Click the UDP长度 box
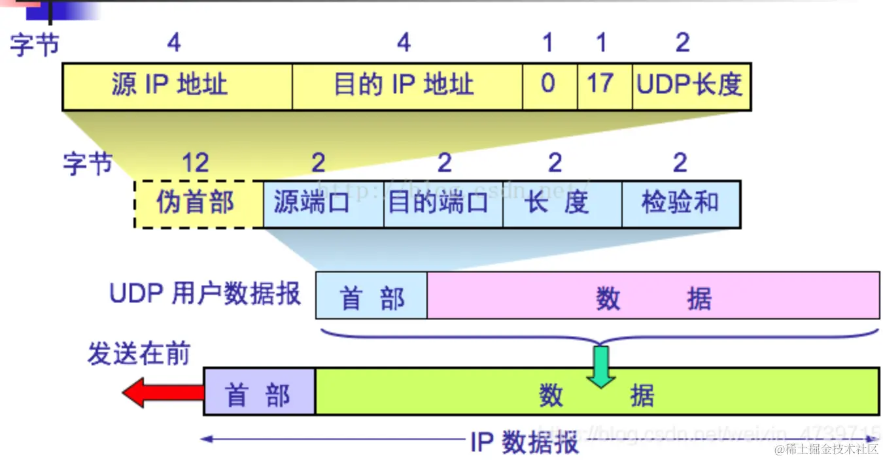coord(691,86)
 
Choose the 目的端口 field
coord(443,204)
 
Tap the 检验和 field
coord(680,204)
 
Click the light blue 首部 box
coord(371,296)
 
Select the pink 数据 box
coord(653,296)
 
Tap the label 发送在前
coord(139,355)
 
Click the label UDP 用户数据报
coord(205,294)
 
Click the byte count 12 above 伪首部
coord(196,163)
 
